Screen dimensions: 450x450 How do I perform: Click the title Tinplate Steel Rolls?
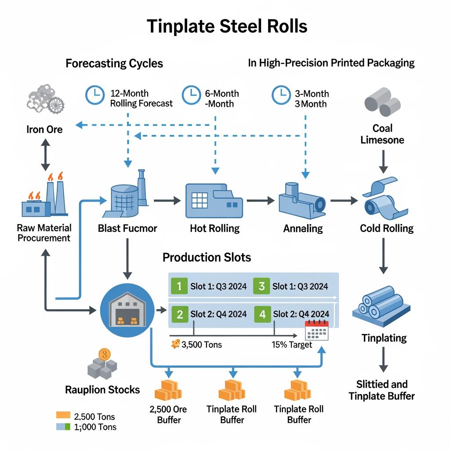pyautogui.click(x=227, y=26)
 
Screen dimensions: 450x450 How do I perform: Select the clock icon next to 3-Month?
pyautogui.click(x=281, y=95)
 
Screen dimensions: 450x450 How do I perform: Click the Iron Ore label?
pyautogui.click(x=45, y=129)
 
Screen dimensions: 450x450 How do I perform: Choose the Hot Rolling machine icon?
pyautogui.click(x=214, y=200)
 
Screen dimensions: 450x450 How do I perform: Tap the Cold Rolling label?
pyautogui.click(x=387, y=229)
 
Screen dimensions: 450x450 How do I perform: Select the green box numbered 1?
pyautogui.click(x=179, y=287)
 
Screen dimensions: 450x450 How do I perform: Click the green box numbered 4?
pyautogui.click(x=262, y=314)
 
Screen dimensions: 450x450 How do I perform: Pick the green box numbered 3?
pyautogui.click(x=262, y=287)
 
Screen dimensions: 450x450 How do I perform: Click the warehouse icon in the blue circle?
pyautogui.click(x=127, y=310)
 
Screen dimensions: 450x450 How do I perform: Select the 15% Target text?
pyautogui.click(x=292, y=345)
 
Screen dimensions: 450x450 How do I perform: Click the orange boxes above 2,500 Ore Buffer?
pyautogui.click(x=168, y=389)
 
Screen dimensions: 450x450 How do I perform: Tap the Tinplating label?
pyautogui.click(x=384, y=338)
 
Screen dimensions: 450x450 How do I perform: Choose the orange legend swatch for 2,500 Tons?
pyautogui.click(x=63, y=415)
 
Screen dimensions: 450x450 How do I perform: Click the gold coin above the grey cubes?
pyautogui.click(x=105, y=354)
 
